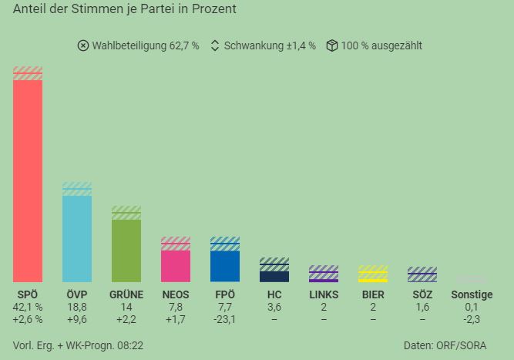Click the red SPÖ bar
28,181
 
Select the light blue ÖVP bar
77,239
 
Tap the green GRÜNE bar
126,251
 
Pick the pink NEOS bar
176,266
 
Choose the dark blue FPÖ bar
225,267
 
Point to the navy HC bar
274,277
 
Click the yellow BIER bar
373,281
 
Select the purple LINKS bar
324,281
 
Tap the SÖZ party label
422,294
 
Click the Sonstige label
472,294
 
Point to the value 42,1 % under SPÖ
28,308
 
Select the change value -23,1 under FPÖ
225,319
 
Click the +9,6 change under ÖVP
77,319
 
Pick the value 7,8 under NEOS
176,308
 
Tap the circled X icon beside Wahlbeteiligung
83,45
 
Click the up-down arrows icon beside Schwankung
215,45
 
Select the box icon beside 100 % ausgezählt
331,45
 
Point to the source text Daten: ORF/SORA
445,345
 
